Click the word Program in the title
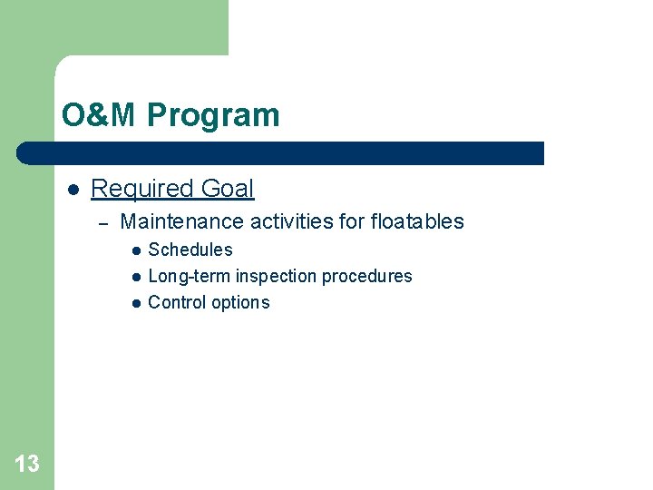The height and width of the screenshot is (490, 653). coord(213,116)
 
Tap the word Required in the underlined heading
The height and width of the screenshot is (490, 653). coord(142,189)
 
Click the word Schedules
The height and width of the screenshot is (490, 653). coord(190,250)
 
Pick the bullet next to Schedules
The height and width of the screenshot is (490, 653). coord(134,250)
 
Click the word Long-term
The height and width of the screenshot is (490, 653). coord(189,276)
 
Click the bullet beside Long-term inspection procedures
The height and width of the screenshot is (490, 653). coord(134,277)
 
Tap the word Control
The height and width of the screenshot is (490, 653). coord(175,302)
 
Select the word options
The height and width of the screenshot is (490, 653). coord(239,302)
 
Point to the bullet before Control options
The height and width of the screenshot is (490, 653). coord(134,303)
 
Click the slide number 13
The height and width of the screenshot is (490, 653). coord(27,465)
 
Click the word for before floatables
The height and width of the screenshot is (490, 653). coord(352,221)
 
